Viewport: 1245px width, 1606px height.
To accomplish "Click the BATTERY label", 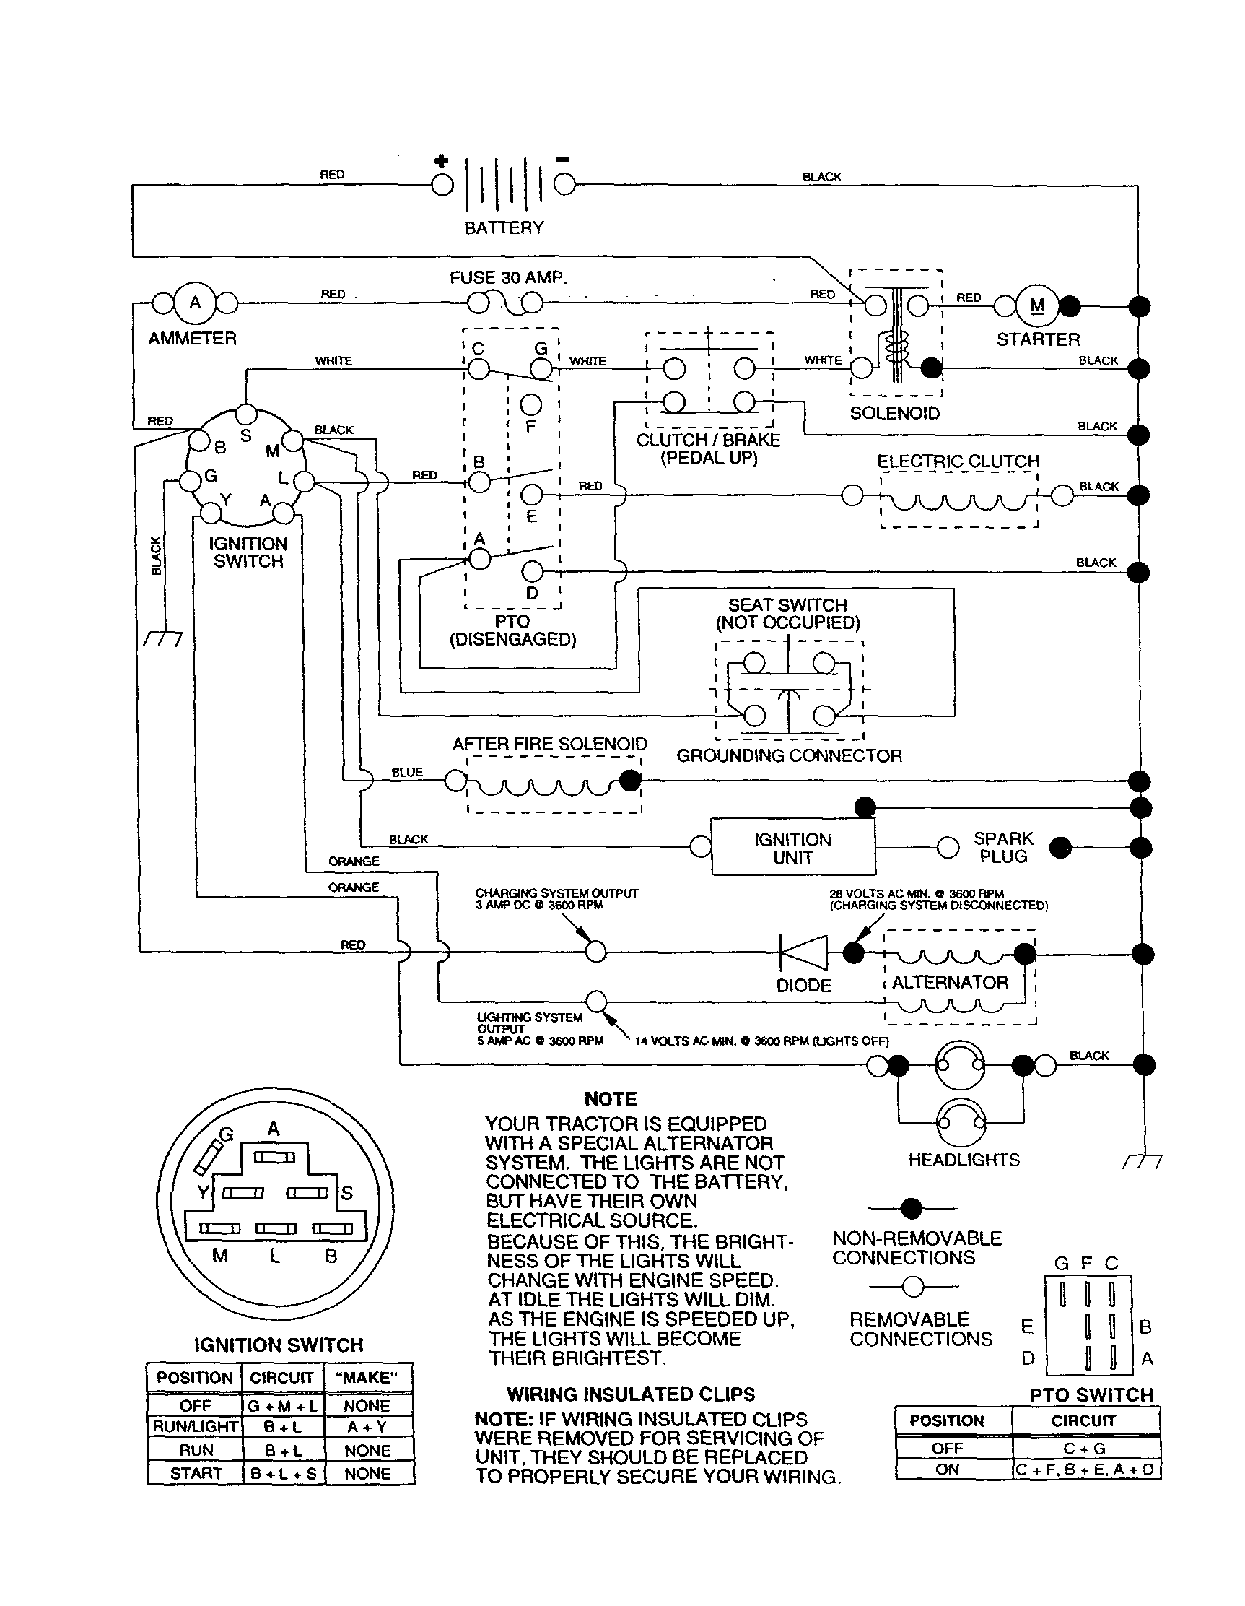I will click(x=504, y=228).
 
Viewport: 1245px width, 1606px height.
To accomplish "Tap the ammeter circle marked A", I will click(x=195, y=303).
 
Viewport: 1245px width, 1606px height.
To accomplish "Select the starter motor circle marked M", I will click(x=1037, y=305).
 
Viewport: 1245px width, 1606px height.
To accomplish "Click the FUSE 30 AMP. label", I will click(x=509, y=278).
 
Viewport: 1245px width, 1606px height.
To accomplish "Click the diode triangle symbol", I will click(x=803, y=953).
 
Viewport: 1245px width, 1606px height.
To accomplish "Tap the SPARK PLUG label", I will click(x=1003, y=848).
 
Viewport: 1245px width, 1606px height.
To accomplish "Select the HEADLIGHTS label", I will click(x=964, y=1160).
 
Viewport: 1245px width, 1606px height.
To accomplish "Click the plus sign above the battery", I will click(x=441, y=161).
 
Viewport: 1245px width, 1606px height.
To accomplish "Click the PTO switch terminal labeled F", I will click(x=530, y=404).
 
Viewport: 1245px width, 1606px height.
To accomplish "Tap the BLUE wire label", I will click(x=407, y=772).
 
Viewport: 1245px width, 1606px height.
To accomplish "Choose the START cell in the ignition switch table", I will click(x=195, y=1473).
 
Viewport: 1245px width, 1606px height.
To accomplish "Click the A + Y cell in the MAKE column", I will click(x=367, y=1427).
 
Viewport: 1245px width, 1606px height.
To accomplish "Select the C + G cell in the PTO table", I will click(x=1084, y=1448).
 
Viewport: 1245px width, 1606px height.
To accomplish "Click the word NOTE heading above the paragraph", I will click(x=610, y=1098).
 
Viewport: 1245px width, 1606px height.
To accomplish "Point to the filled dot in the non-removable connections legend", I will click(x=912, y=1207).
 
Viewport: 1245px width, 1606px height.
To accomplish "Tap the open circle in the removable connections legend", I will click(x=913, y=1286).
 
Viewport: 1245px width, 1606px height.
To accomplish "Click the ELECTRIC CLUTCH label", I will click(x=958, y=461).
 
